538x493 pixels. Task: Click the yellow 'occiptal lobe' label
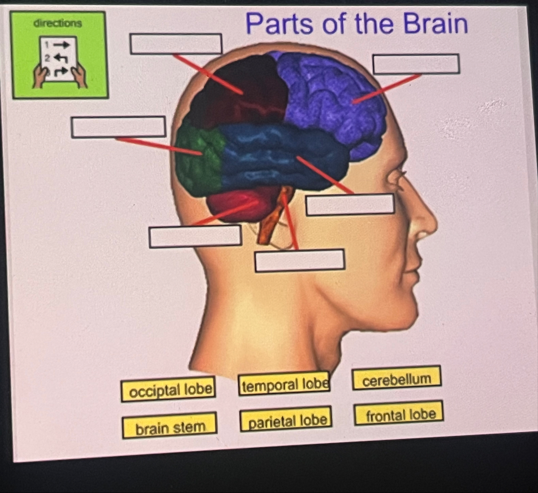pyautogui.click(x=168, y=390)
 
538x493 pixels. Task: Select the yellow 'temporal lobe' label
pyautogui.click(x=284, y=384)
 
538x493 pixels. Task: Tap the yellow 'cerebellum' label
pyautogui.click(x=396, y=378)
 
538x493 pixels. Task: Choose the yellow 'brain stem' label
pyautogui.click(x=169, y=426)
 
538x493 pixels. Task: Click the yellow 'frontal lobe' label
pyautogui.click(x=399, y=413)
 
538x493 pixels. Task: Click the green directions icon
pyautogui.click(x=59, y=55)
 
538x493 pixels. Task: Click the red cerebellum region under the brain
pyautogui.click(x=239, y=205)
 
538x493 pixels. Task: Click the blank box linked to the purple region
pyautogui.click(x=416, y=64)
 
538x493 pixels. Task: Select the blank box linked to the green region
pyautogui.click(x=118, y=127)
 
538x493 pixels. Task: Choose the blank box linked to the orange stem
pyautogui.click(x=300, y=260)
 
